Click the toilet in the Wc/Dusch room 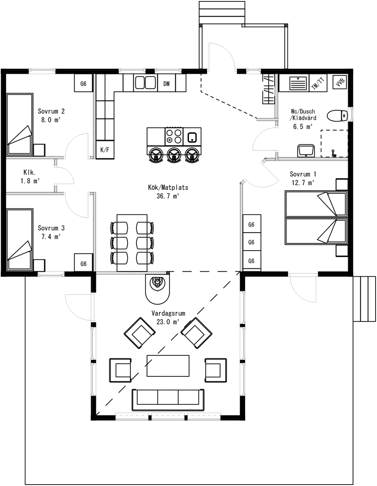click(x=337, y=116)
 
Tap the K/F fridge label click(x=105, y=150)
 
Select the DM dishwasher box click(x=167, y=83)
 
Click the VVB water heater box click(x=340, y=82)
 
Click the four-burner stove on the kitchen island click(x=174, y=136)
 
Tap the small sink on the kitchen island click(x=192, y=137)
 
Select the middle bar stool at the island click(x=174, y=154)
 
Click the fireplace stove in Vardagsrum click(x=158, y=288)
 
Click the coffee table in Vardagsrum click(x=168, y=366)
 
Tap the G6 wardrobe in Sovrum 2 click(x=83, y=83)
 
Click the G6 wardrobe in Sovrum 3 click(x=83, y=263)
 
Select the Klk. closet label click(x=30, y=172)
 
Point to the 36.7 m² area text click(x=168, y=196)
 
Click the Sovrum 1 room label click(x=303, y=174)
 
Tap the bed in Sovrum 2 click(x=20, y=124)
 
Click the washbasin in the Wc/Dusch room click(x=306, y=150)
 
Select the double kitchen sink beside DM click(x=145, y=83)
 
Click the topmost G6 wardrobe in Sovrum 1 click(x=252, y=223)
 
